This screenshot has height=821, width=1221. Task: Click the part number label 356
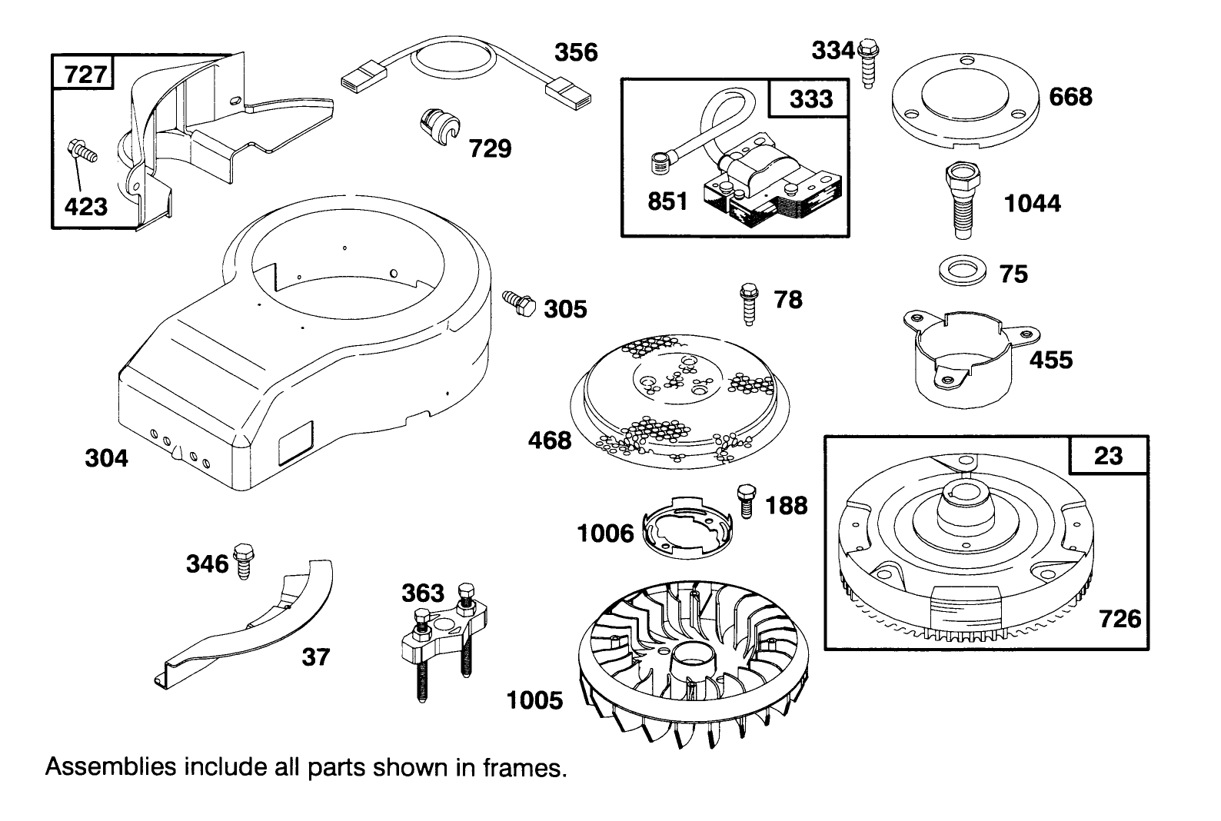coord(576,52)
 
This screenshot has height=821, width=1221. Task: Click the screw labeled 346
coord(245,561)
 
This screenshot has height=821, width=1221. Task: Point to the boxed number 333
coord(810,98)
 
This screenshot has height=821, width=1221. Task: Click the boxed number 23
coord(1108,456)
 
